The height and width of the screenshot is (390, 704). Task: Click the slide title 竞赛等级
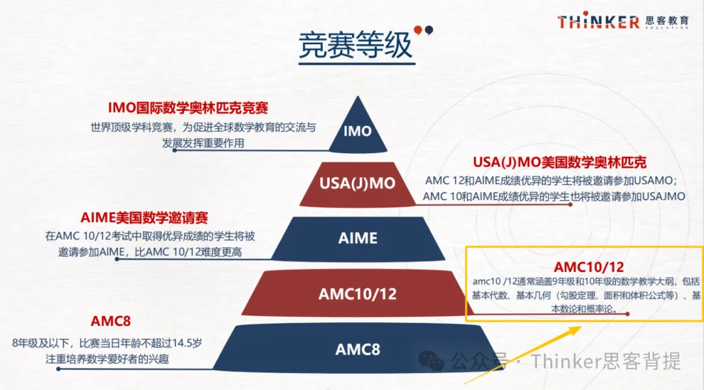[x=355, y=45]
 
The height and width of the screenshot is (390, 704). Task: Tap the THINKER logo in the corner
[x=598, y=21]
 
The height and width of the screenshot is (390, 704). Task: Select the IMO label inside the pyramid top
[x=357, y=131]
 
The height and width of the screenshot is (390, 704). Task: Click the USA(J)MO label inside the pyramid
[x=357, y=183]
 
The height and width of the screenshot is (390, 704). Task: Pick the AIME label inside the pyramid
[x=358, y=238]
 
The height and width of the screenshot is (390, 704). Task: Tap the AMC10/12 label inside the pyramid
[x=357, y=294]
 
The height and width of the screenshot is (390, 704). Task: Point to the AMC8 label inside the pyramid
[x=358, y=349]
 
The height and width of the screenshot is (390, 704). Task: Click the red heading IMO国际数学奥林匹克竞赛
[x=188, y=108]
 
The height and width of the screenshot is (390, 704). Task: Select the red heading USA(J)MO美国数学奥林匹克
[x=559, y=162]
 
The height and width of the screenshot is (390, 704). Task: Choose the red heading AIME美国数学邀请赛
[x=144, y=218]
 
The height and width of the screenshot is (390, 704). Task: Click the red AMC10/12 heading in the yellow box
[x=589, y=267]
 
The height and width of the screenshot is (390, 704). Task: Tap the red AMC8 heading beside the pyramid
[x=110, y=322]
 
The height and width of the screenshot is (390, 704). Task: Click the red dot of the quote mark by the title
[x=418, y=30]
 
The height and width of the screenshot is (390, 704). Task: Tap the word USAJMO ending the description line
[x=664, y=196]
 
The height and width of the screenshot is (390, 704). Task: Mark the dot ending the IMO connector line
[x=175, y=150]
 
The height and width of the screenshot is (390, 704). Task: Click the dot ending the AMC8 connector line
[x=59, y=369]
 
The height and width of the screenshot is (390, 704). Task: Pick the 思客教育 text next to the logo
[x=667, y=20]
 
